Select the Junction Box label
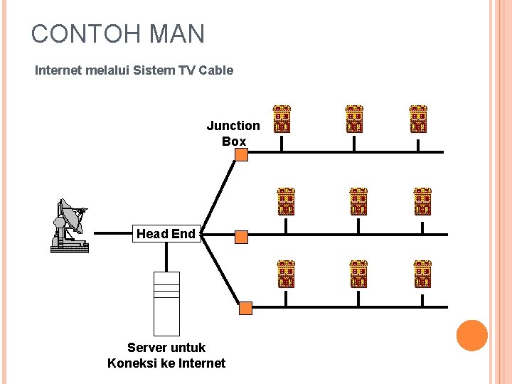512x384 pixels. pos(233,134)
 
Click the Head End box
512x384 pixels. pos(166,234)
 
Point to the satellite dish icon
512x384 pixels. pos(70,225)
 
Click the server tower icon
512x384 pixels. pos(167,304)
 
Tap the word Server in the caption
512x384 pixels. pos(148,348)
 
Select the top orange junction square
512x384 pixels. pos(241,154)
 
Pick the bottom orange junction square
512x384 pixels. pos(245,308)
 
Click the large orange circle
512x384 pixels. pos(471,336)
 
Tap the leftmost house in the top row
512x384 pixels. pos(282,119)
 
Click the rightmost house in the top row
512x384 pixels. pos(418,119)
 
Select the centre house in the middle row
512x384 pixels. pos(358,201)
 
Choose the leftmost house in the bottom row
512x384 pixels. pos(285,274)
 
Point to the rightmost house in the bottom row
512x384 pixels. pos(422,274)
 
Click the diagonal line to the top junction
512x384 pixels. pos(218,193)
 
